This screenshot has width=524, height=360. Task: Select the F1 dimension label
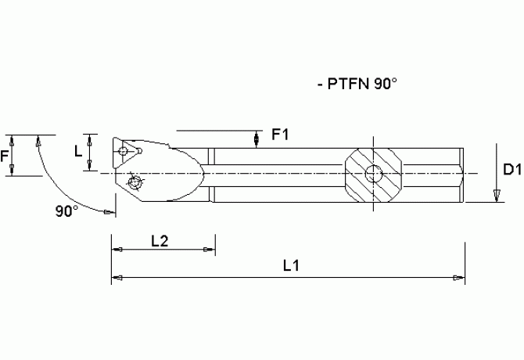tap(280, 135)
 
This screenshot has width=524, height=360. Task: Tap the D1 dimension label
tap(511, 169)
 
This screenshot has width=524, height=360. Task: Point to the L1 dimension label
tap(291, 266)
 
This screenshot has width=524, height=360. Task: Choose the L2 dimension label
tap(160, 241)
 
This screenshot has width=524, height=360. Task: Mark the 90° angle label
tap(67, 211)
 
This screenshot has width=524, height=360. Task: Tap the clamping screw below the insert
tap(136, 184)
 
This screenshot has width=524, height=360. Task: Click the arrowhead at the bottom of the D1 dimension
tap(496, 195)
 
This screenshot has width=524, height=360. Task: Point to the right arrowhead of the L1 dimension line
tap(459, 278)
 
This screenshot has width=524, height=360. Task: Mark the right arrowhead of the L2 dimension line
tap(209, 250)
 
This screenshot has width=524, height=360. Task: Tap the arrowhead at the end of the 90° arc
tap(108, 211)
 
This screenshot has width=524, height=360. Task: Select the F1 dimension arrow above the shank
tap(258, 139)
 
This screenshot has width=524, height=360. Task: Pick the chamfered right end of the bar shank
tap(469, 173)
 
